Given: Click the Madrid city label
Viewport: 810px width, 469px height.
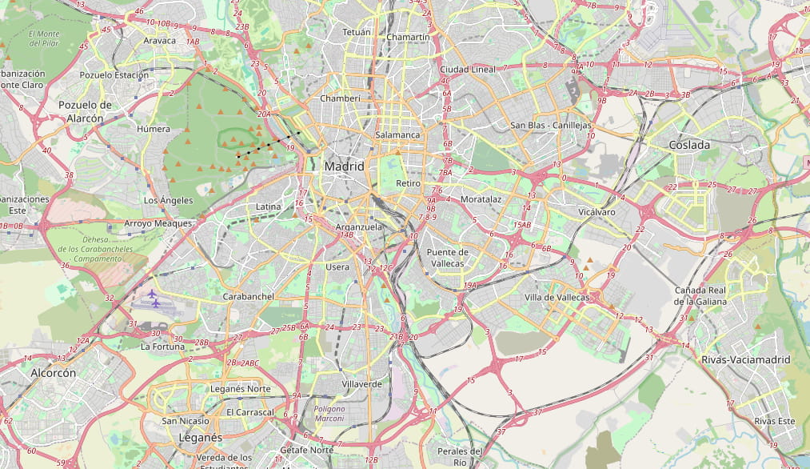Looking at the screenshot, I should (x=344, y=166).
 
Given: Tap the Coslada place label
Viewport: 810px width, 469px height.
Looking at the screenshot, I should (x=688, y=146).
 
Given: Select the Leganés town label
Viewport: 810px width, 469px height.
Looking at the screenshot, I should (x=200, y=439).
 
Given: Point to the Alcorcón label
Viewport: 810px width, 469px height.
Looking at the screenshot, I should (x=53, y=373).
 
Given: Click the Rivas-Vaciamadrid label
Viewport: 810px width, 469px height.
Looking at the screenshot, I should (x=744, y=360).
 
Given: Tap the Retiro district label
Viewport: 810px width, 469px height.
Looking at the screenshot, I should (x=408, y=183).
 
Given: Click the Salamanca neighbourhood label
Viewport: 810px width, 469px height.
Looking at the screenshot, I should (x=397, y=135).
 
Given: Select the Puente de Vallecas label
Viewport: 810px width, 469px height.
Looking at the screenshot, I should (x=447, y=258).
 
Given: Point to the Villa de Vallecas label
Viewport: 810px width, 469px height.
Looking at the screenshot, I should (x=556, y=298).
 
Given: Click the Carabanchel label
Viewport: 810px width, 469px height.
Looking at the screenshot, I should (x=249, y=296).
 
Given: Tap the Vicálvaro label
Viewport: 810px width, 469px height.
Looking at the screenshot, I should (x=597, y=212).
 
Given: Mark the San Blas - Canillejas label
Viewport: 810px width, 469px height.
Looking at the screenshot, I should (x=551, y=126).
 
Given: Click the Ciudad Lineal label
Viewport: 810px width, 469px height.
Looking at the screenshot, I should (x=468, y=70).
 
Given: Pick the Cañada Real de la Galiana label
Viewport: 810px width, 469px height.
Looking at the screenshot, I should (x=700, y=295).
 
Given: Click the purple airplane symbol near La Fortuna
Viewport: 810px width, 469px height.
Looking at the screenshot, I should (x=151, y=294).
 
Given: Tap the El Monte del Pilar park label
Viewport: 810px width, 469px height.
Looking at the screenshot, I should (x=44, y=38).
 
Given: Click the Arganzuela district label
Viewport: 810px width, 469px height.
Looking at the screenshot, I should (x=359, y=227).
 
